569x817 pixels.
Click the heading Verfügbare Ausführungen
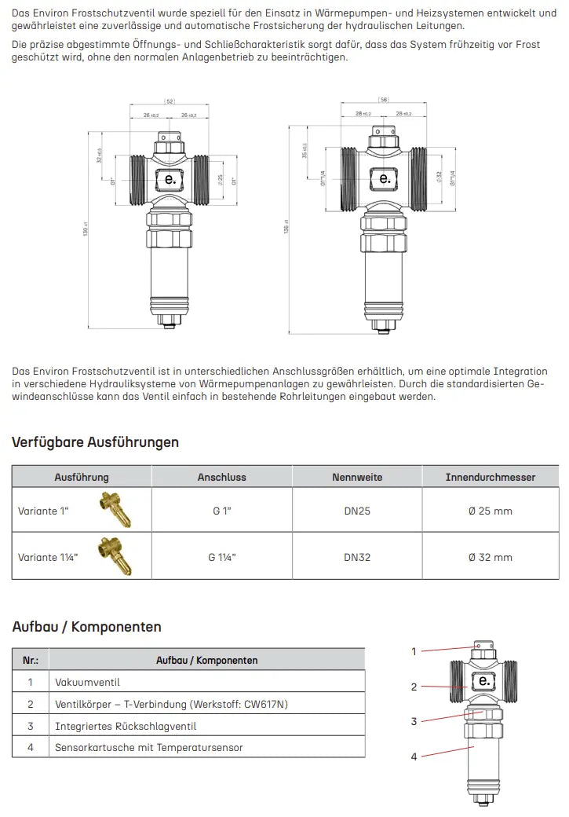tap(95, 442)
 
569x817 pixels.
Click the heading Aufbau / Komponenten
tap(86, 627)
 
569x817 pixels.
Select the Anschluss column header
tap(221, 477)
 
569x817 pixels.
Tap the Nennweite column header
tap(357, 477)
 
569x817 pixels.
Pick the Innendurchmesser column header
tap(490, 477)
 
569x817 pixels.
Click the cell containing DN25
tap(357, 511)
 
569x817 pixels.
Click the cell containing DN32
tap(357, 557)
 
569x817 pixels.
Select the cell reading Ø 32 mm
tap(490, 557)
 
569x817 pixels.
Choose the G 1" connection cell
tap(221, 511)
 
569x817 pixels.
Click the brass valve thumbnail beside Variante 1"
tap(115, 509)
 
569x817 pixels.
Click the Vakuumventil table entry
tap(86, 682)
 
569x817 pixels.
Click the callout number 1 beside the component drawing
tap(414, 651)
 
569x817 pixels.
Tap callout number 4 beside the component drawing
tap(414, 757)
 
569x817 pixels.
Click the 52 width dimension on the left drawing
tap(170, 101)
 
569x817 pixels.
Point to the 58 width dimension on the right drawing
tap(384, 100)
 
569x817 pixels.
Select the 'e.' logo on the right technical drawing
tap(385, 178)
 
